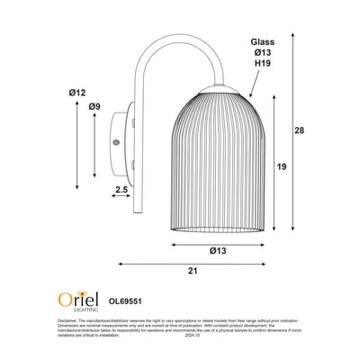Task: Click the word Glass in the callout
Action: (263, 41)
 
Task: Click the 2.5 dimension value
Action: (121, 189)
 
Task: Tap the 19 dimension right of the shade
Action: (282, 166)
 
